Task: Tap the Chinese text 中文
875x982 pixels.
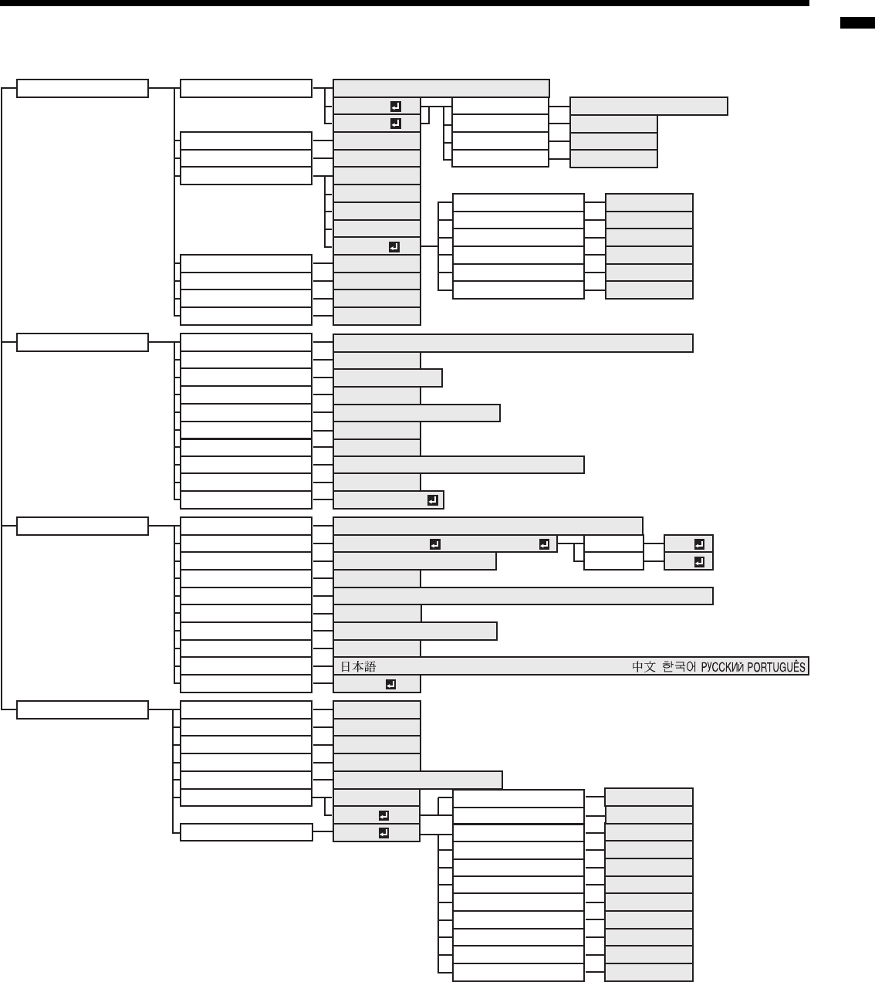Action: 644,666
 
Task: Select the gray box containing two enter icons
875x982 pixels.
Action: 445,544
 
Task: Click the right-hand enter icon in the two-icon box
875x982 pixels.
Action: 544,544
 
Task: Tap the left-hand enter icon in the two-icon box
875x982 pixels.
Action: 434,544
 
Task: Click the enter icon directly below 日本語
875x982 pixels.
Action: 390,684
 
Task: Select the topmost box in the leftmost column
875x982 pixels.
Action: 83,88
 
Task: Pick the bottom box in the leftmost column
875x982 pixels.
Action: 83,709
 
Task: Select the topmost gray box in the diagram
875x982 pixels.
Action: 441,88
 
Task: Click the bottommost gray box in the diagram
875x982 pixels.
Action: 649,973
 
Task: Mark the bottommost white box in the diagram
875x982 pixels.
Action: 518,973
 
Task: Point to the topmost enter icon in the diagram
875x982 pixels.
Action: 396,106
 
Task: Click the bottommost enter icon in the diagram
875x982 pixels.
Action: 383,833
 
